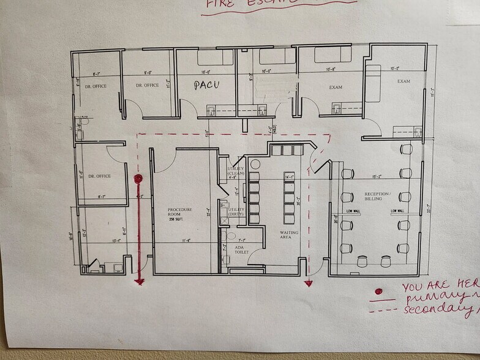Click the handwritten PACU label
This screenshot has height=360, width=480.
206,84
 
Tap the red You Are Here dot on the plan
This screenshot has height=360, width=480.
138,179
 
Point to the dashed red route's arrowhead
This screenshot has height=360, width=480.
309,283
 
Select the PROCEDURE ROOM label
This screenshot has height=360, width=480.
180,212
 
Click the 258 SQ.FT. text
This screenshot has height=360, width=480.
180,219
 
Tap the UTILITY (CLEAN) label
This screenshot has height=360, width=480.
236,171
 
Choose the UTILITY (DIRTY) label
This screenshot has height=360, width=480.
236,212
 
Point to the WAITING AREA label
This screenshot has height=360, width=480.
289,234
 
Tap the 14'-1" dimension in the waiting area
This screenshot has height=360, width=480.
289,176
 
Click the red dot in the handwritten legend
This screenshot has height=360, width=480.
379,291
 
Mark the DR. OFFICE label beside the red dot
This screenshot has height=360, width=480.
99,176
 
